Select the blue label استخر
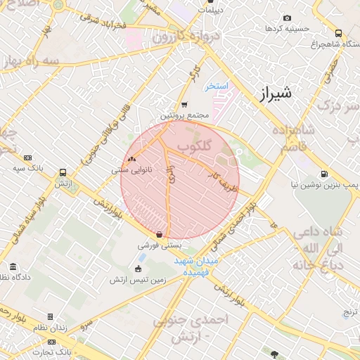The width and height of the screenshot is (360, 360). point(217,86)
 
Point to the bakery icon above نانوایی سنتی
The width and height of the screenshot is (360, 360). point(131,160)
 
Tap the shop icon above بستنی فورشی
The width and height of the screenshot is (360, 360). point(160,235)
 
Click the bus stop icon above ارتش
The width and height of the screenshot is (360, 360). point(63,172)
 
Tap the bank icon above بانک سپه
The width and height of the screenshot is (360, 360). point(27,158)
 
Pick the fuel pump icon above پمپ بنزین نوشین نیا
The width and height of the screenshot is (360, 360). point(323,174)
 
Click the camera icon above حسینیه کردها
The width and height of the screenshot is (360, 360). point(286,18)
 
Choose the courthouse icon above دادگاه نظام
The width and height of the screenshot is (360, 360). point(13,266)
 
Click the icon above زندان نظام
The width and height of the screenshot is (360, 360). point(50,317)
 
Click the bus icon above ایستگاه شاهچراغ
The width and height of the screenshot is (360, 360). point(339,33)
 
